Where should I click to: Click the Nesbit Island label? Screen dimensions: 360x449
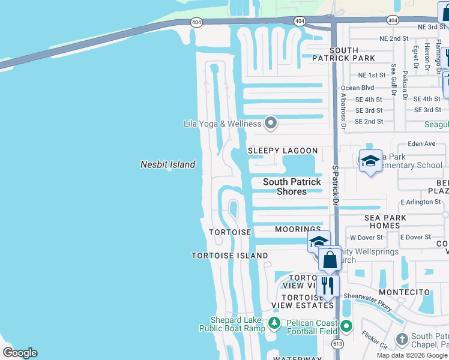[167, 164]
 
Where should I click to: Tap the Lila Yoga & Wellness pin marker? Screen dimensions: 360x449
[271, 123]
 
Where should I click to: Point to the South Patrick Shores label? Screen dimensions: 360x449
[292, 187]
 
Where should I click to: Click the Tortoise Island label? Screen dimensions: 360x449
[229, 256]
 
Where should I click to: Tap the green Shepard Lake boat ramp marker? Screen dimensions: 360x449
[274, 323]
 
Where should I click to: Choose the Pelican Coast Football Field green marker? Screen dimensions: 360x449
[346, 326]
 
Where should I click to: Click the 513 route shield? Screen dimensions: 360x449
[338, 343]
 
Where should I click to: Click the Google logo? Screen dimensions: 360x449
[20, 353]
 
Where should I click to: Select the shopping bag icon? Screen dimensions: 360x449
[330, 260]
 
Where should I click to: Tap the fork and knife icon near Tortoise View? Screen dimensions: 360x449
[328, 286]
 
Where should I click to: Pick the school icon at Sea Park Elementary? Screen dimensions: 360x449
[370, 161]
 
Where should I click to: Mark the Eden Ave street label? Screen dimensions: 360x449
[421, 144]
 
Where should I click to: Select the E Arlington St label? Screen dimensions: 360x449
[420, 202]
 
